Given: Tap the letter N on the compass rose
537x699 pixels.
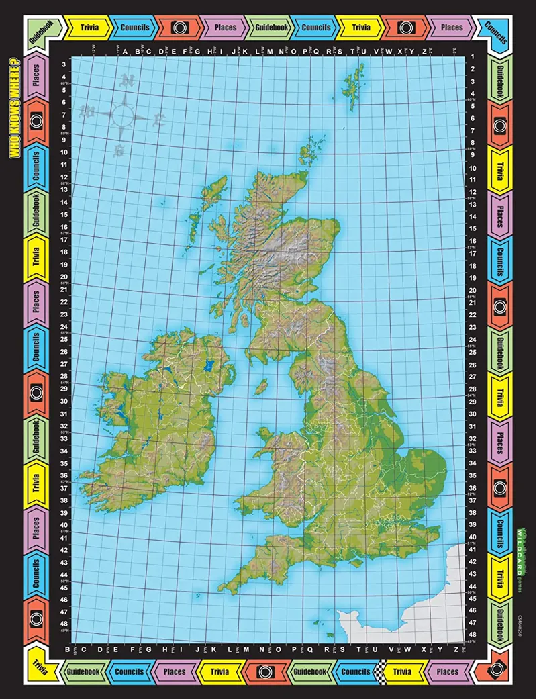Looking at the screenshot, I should (126, 81).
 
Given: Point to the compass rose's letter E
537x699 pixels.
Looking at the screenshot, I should (159, 120).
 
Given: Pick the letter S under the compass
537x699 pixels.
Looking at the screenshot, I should (119, 151).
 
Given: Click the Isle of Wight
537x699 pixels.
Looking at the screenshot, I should (355, 571).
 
